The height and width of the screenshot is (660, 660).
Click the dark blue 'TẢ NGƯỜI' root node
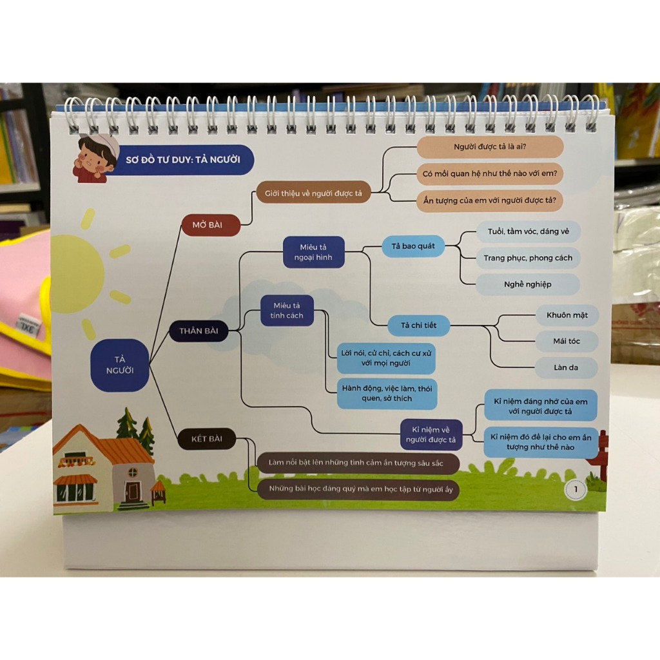(x=119, y=365)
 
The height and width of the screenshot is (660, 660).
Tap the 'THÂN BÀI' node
(x=199, y=331)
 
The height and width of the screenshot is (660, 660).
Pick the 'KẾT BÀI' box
(x=207, y=440)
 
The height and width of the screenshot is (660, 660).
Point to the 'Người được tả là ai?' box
(x=490, y=147)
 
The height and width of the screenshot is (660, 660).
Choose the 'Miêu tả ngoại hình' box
(x=314, y=252)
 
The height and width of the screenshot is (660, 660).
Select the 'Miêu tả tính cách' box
(x=287, y=310)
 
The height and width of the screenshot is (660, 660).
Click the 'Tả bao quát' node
(x=413, y=246)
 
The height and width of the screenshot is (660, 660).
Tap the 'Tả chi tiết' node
(x=418, y=325)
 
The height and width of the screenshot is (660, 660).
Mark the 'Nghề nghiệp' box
(x=527, y=284)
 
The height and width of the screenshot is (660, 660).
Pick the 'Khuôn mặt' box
(x=567, y=316)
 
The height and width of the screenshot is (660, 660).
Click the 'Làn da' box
(x=566, y=367)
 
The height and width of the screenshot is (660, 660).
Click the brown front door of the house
(x=133, y=492)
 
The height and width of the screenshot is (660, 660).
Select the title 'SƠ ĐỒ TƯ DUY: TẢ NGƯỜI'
(x=183, y=159)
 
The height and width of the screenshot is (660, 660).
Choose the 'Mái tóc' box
(x=567, y=341)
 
